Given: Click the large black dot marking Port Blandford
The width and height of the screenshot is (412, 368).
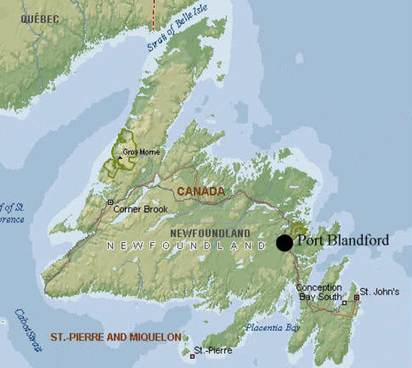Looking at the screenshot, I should (x=284, y=243).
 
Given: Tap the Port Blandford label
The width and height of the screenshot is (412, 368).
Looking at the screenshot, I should (x=342, y=240).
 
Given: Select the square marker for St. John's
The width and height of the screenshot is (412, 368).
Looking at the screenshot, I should (x=355, y=296).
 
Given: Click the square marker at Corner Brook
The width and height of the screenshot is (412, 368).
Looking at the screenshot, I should (x=110, y=202).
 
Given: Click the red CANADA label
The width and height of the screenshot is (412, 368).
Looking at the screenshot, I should (x=201, y=191).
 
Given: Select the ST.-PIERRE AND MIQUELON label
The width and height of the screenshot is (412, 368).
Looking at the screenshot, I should (x=116, y=337).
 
